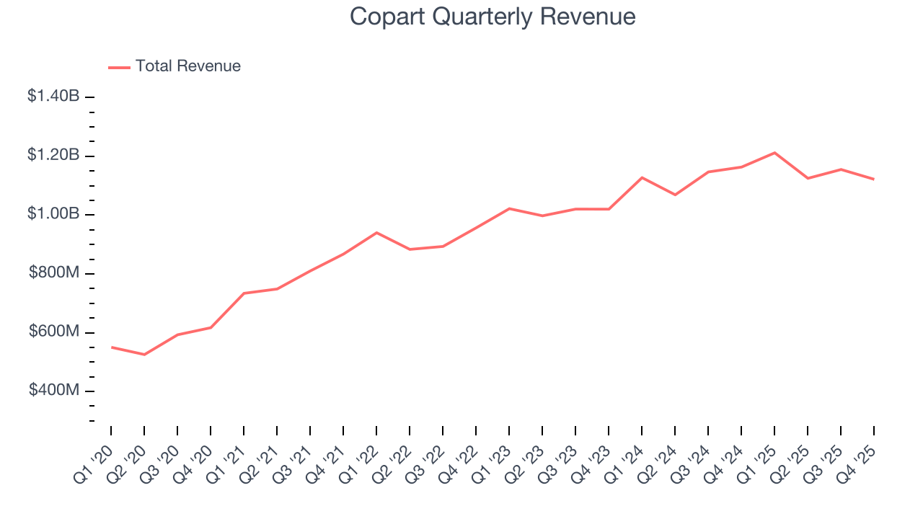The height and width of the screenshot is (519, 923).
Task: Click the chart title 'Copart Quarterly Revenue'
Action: (493, 17)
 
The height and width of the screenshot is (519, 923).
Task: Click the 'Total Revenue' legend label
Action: (187, 66)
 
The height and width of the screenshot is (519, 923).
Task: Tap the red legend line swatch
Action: (119, 67)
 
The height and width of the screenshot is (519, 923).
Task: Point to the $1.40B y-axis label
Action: (53, 96)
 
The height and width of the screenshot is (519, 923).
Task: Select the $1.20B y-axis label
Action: (53, 155)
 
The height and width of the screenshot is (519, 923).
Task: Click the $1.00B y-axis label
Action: (53, 214)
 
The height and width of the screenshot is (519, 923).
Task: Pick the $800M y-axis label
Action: (54, 273)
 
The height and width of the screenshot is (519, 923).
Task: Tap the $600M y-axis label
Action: (54, 332)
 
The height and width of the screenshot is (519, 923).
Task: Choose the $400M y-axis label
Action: (54, 391)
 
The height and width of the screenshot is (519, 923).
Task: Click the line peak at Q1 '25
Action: (774, 153)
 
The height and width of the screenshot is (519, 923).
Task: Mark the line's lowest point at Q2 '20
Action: (144, 355)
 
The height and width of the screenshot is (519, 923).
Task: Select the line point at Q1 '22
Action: (376, 232)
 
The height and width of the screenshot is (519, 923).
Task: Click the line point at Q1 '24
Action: (642, 177)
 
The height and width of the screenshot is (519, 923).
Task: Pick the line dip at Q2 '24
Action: (675, 195)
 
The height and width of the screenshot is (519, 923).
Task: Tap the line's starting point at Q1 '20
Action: (111, 347)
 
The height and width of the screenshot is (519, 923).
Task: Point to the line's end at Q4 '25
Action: (874, 179)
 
